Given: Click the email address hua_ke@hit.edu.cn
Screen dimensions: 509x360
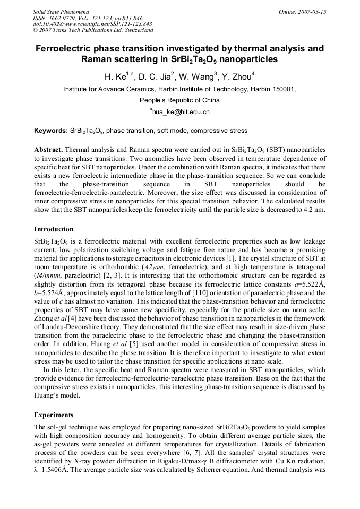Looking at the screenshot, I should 181,112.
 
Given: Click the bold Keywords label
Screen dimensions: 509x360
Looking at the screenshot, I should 50,130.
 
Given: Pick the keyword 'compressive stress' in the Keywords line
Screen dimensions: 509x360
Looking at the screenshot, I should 219,130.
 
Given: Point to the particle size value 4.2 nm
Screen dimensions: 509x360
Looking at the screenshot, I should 314,210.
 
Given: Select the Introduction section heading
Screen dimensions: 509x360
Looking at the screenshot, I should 54,229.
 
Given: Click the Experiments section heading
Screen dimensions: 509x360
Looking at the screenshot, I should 54,414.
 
